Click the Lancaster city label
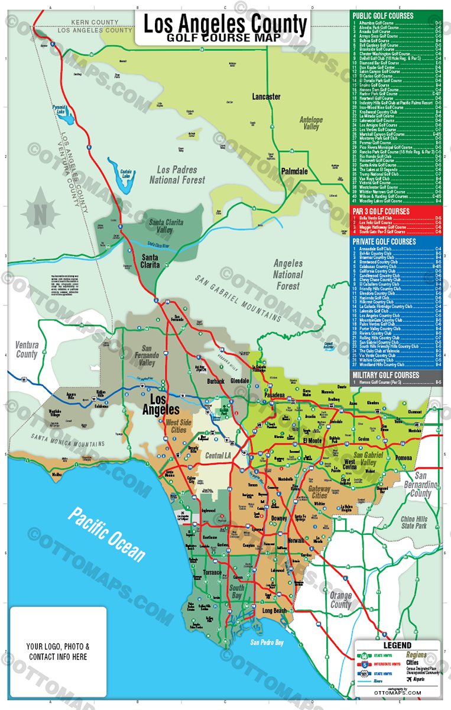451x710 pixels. [266, 96]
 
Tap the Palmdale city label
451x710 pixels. [294, 171]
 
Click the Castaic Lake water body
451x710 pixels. [125, 181]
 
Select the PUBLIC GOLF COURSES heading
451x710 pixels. [382, 15]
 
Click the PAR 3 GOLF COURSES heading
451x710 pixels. [381, 211]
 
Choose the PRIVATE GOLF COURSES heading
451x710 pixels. [384, 241]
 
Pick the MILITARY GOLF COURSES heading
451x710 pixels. [385, 375]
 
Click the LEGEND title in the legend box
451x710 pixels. [397, 646]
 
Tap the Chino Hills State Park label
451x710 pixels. [413, 522]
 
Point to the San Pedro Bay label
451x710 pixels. [267, 642]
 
